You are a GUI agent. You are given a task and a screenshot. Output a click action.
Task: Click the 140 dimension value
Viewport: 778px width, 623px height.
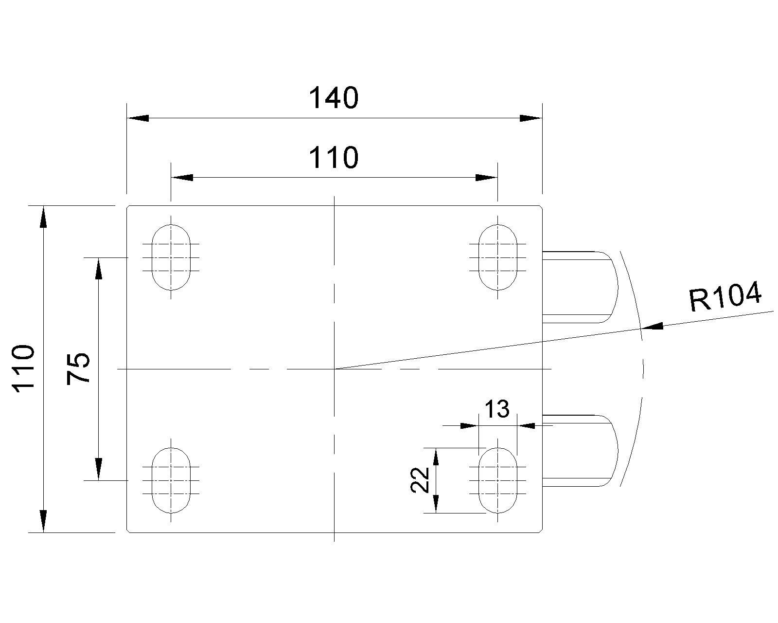click(x=334, y=98)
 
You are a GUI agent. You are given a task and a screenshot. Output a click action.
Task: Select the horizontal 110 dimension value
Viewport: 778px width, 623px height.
click(x=334, y=158)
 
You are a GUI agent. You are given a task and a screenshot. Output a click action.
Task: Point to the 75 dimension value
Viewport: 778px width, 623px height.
click(x=78, y=368)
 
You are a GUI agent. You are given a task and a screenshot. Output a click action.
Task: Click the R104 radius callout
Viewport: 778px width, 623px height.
click(x=725, y=297)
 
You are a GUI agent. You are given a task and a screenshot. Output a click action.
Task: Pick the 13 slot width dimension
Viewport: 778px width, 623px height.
click(x=497, y=409)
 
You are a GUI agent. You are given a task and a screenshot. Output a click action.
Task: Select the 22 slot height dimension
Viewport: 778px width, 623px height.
click(x=420, y=480)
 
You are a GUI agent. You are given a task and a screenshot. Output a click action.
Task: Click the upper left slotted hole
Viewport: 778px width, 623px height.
click(x=171, y=257)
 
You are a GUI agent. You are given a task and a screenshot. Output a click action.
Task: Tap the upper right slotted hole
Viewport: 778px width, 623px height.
click(x=498, y=257)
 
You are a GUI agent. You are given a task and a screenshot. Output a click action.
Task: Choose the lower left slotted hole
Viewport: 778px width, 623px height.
click(x=171, y=480)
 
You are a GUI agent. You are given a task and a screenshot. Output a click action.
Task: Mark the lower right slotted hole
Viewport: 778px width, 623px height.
click(x=498, y=480)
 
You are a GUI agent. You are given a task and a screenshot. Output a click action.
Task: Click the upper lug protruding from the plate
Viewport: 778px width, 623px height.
click(x=580, y=287)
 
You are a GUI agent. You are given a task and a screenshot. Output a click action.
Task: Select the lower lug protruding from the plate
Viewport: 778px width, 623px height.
click(x=580, y=451)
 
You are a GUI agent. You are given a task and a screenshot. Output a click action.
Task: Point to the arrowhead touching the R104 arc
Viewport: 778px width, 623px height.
click(x=652, y=327)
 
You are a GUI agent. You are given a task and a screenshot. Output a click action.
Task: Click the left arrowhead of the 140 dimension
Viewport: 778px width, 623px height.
click(x=138, y=118)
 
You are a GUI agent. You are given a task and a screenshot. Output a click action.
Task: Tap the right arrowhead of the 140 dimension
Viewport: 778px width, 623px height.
click(x=530, y=118)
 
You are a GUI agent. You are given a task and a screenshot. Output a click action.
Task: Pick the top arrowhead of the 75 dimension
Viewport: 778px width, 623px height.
click(x=98, y=269)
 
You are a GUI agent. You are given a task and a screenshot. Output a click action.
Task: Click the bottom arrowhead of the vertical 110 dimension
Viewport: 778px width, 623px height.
click(x=43, y=521)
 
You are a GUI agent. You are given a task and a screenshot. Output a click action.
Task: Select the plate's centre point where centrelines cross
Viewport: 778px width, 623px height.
click(x=335, y=369)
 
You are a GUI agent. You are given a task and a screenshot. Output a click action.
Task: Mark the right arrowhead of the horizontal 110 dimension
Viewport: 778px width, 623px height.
click(x=487, y=177)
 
